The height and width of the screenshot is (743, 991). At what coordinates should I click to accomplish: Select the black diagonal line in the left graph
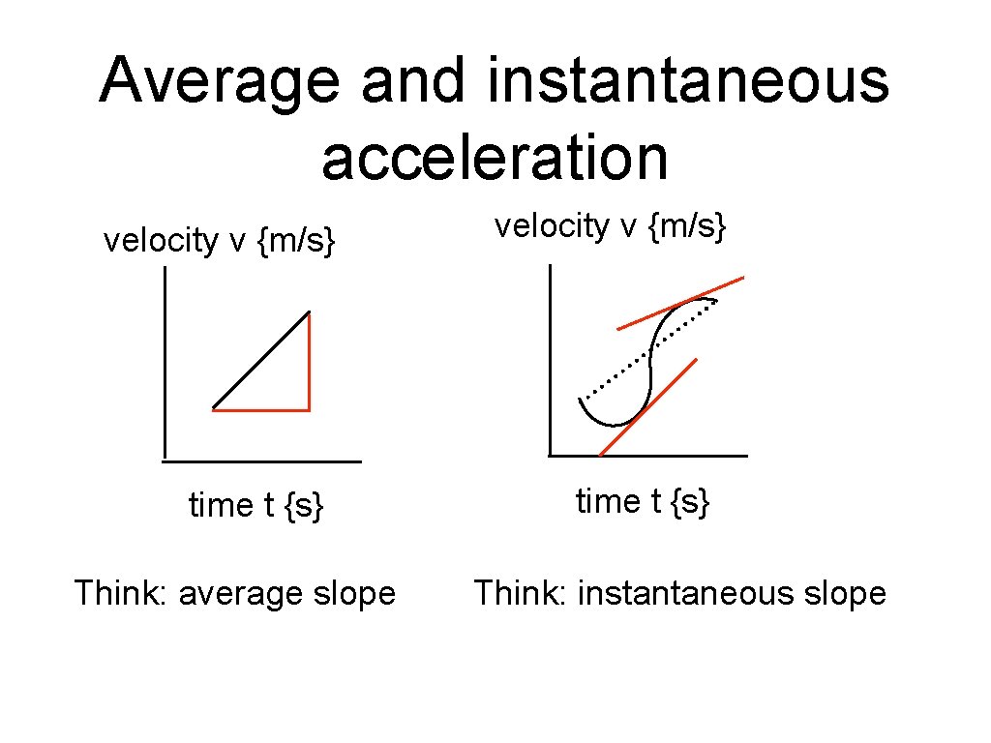tap(261, 359)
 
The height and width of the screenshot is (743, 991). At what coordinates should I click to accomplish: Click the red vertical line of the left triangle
tap(309, 363)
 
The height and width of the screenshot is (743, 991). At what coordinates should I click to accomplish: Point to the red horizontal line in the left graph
tap(260, 410)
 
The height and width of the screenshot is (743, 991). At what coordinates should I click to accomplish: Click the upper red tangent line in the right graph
tap(680, 303)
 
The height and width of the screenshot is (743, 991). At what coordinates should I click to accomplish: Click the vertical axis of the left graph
tap(165, 363)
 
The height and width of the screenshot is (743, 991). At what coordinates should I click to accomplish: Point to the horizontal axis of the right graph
tap(648, 455)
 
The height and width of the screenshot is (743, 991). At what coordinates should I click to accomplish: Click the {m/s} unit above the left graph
tap(296, 241)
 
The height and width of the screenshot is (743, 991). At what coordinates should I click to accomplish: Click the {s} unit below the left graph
tap(303, 505)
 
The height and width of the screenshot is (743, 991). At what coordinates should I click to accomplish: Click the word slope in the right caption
tap(845, 593)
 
